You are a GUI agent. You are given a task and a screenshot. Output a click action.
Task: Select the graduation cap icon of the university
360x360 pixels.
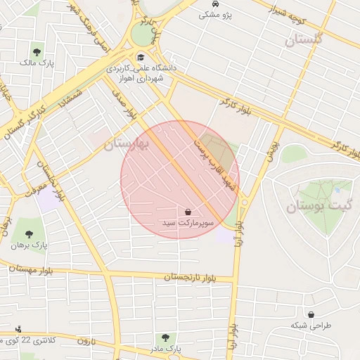point(141,58)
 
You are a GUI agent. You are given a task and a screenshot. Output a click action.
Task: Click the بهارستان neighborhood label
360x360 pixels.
point(127,145)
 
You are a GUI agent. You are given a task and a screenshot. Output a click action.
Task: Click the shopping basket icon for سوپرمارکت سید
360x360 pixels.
point(188,212)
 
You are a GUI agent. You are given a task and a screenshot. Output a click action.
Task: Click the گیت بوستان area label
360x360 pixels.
point(312,207)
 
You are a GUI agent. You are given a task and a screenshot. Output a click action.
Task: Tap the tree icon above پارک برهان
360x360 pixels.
point(29,233)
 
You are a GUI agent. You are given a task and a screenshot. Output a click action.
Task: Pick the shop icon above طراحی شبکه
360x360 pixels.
point(311,314)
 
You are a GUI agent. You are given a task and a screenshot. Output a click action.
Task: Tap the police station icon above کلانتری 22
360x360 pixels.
point(18,329)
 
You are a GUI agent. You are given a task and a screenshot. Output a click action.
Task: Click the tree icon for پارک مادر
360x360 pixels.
point(165,338)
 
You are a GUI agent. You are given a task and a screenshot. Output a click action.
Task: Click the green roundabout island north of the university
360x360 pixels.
point(142,33)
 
